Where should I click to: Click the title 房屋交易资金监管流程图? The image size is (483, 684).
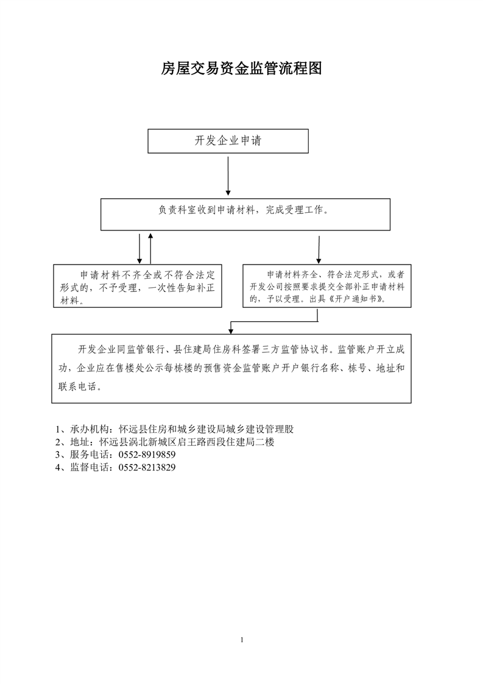click(241, 68)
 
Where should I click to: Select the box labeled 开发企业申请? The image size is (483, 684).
click(228, 141)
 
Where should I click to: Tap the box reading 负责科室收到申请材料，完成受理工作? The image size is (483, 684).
click(245, 214)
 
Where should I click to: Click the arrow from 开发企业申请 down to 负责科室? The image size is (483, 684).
click(228, 176)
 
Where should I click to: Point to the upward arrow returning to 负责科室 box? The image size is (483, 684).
click(150, 248)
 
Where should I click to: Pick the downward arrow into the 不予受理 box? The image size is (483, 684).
click(139, 249)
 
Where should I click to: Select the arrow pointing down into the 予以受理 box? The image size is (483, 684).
click(319, 250)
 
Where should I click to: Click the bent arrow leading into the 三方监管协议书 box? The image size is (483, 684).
click(275, 322)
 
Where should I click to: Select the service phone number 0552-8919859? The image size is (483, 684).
click(147, 455)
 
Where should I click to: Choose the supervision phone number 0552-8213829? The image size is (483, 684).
click(147, 467)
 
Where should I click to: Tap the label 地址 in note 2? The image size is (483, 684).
click(80, 442)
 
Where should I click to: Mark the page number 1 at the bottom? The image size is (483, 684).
click(242, 640)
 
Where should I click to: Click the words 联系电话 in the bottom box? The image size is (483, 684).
click(77, 387)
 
